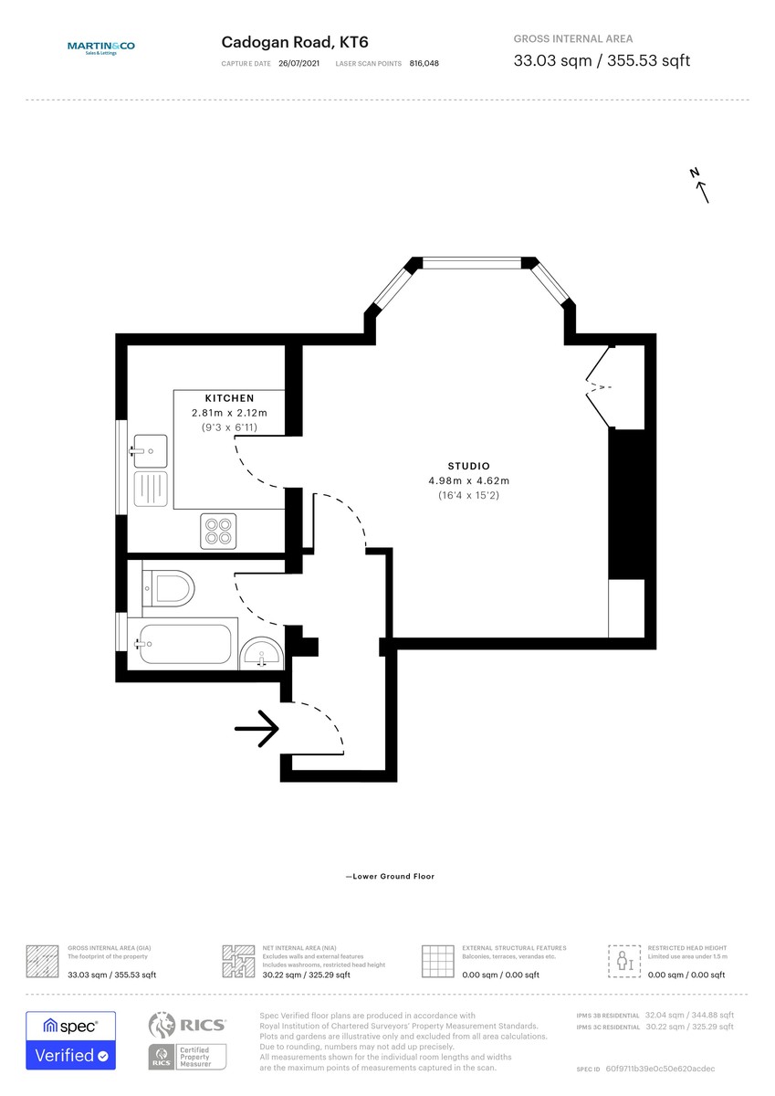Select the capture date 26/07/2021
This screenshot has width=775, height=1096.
coord(298,64)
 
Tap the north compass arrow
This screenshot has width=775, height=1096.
coord(700,185)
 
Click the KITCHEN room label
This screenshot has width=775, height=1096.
coord(229,398)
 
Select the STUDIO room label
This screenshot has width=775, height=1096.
coord(468,466)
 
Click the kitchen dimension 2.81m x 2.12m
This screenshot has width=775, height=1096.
coord(229,413)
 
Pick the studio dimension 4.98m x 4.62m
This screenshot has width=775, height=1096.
coord(468,480)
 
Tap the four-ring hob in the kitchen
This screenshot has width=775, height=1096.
coord(218,531)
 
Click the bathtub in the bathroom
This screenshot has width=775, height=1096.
coord(183,644)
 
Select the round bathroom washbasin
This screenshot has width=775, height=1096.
coord(262,654)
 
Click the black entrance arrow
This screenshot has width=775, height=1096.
coord(257,729)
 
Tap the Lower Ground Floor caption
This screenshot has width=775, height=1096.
coord(390,877)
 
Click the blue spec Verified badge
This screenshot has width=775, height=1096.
coord(70,1040)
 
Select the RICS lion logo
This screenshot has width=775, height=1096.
coord(162,1027)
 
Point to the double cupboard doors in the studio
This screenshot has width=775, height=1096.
coord(598,388)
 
